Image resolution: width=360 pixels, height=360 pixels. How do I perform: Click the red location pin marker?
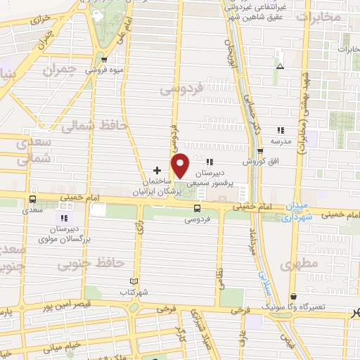pyautogui.click(x=181, y=165)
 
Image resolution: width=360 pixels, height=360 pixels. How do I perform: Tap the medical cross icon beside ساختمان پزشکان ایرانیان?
pyautogui.click(x=157, y=170)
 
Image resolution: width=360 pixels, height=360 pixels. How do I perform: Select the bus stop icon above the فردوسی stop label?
pyautogui.click(x=197, y=208)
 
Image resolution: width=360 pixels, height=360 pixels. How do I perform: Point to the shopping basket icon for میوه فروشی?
pyautogui.click(x=104, y=60)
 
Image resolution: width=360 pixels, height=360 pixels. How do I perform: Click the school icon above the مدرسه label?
pyautogui.click(x=281, y=129)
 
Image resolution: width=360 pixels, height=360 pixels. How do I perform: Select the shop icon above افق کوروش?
pyautogui.click(x=260, y=151)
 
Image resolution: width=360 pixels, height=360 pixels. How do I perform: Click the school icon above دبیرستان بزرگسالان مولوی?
pyautogui.click(x=58, y=217)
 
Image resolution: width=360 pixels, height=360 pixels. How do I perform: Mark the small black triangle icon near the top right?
pyautogui.click(x=280, y=66)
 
